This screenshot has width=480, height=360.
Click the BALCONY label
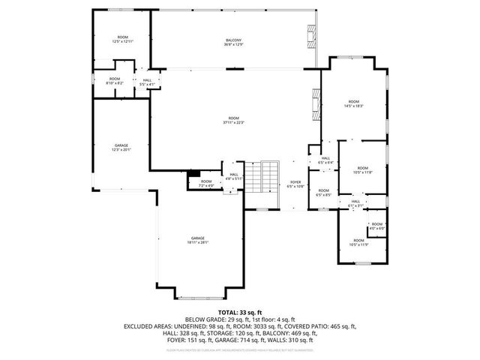[x=234, y=42]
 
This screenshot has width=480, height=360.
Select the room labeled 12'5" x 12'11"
[x=122, y=40]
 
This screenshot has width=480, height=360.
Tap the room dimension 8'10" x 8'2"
[x=115, y=81]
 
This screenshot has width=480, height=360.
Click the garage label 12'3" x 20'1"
[x=121, y=147]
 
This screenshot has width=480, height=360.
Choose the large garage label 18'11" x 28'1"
[x=199, y=240]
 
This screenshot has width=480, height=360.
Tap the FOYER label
[x=295, y=184]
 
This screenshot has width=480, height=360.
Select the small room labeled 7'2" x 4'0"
[x=206, y=183]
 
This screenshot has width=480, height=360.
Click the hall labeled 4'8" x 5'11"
[x=234, y=176]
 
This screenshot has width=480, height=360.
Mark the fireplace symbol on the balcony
[x=311, y=37]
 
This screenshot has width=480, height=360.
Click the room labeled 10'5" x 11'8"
[x=362, y=169]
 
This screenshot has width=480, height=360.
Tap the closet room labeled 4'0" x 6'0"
[x=376, y=226]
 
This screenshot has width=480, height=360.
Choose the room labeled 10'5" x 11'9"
[x=361, y=242]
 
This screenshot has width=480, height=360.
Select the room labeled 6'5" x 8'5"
[x=323, y=193]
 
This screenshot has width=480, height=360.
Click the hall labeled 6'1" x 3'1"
[x=355, y=202]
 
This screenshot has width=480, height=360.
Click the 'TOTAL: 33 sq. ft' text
[x=239, y=311]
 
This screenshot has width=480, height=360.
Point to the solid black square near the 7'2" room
[x=193, y=173]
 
